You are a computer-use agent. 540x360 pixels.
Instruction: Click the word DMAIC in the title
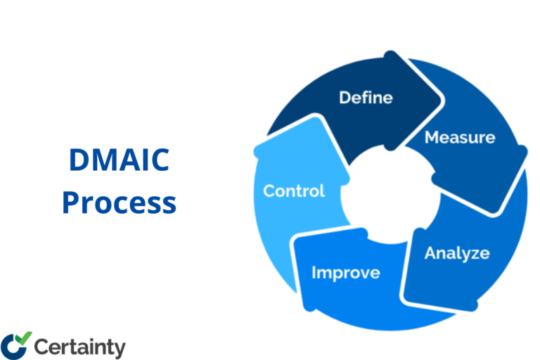point(118,162)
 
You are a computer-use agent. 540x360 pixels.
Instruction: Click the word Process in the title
point(118,203)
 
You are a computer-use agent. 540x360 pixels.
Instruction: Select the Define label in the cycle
point(366,97)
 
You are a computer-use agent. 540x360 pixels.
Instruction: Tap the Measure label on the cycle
point(459,137)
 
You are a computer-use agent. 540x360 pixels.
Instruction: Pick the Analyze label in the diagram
point(456,253)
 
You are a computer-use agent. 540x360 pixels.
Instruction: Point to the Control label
point(294,191)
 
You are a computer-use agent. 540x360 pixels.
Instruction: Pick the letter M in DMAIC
point(103,162)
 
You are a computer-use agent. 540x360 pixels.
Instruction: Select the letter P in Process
point(70,203)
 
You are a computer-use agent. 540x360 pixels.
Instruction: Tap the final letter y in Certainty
point(120,349)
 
